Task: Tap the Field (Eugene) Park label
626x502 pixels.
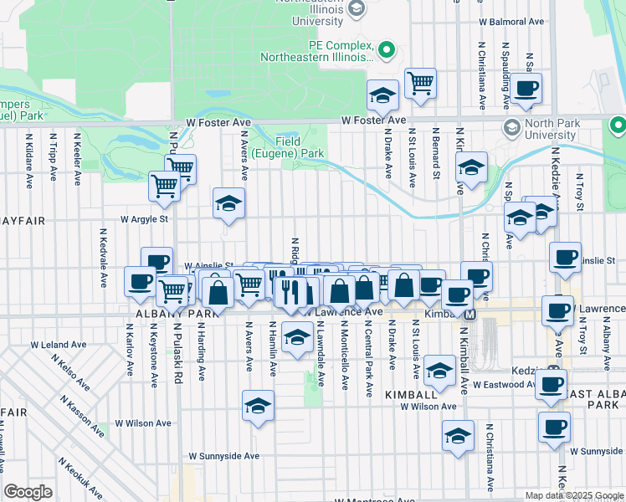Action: (300, 148)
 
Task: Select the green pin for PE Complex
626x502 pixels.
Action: (387, 51)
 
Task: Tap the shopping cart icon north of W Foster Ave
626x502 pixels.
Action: (420, 83)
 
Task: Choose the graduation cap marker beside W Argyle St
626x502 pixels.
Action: (228, 203)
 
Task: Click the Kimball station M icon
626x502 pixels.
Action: (470, 315)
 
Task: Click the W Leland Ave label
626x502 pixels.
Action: (59, 344)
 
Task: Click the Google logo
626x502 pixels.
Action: (28, 492)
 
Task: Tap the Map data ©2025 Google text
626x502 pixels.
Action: (574, 495)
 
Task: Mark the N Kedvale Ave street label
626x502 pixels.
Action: (104, 258)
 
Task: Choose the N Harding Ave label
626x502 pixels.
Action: (201, 359)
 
